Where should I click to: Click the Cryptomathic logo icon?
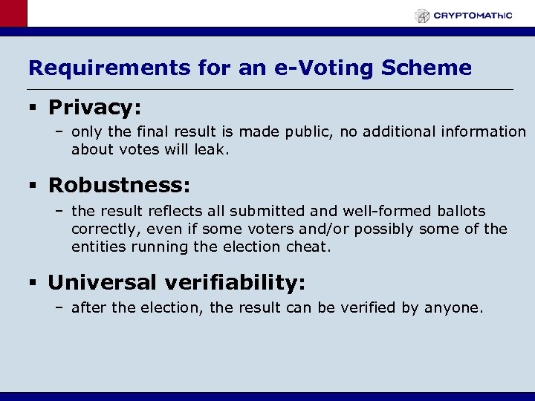coord(422,16)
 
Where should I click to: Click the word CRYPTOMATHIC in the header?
coord(473,15)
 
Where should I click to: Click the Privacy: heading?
coord(94,108)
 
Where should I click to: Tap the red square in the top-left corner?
coord(13,13)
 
